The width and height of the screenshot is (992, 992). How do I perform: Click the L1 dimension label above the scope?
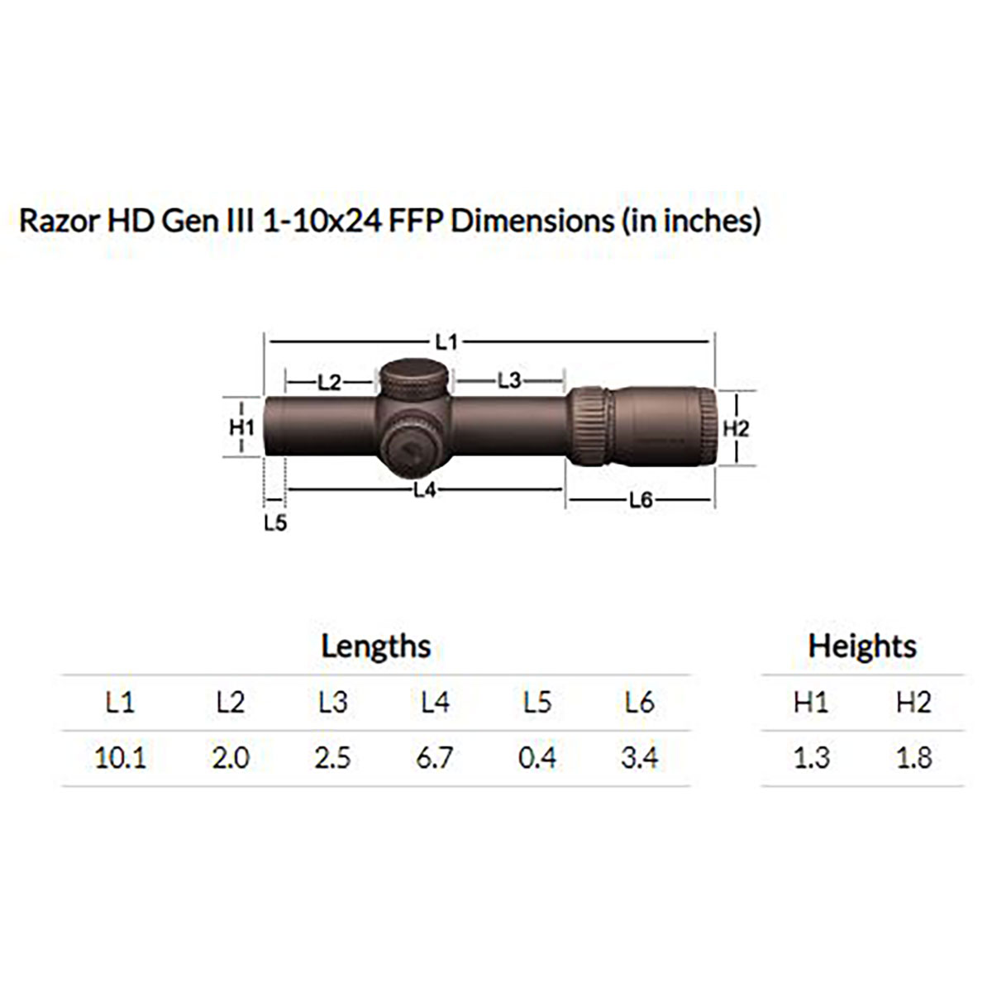[446, 341]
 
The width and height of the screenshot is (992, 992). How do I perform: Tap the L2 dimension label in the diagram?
[329, 382]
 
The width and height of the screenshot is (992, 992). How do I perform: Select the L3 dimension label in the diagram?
[509, 380]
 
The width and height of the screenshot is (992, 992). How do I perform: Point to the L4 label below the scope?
[424, 490]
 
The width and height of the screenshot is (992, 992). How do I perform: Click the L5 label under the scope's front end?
[275, 523]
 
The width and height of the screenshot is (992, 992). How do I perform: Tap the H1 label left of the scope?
[241, 427]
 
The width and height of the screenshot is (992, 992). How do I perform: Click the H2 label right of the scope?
[735, 429]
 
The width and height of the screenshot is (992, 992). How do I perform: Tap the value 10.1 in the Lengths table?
[120, 757]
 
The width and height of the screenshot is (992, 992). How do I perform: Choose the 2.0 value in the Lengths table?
[230, 757]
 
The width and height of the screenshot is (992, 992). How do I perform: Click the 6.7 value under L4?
[435, 757]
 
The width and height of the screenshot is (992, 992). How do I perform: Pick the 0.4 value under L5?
[537, 757]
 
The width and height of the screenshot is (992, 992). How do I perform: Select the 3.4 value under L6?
[640, 757]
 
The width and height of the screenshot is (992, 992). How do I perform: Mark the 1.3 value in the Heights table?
[811, 757]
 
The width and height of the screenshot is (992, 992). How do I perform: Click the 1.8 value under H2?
[913, 757]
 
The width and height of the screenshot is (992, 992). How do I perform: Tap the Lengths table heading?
[376, 646]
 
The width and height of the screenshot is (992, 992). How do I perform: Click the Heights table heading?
[862, 646]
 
